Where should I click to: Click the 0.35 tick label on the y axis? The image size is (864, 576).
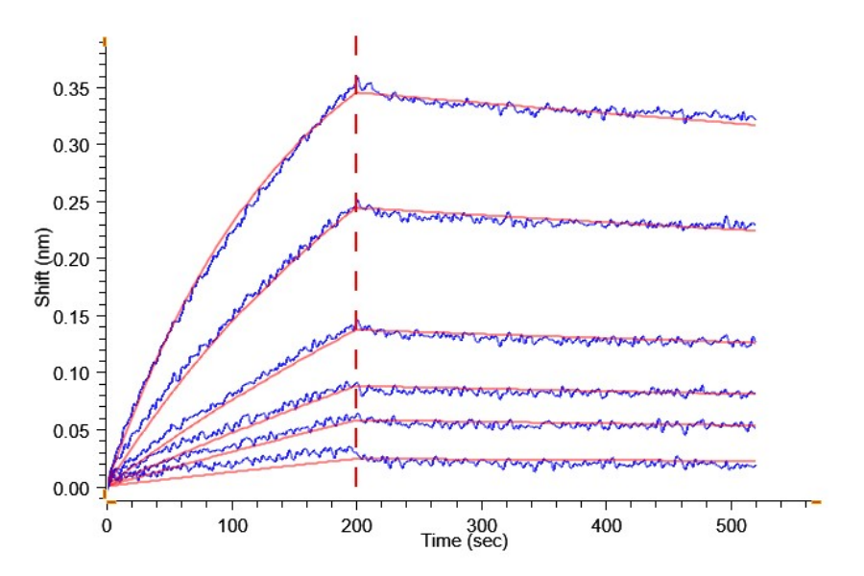(73, 89)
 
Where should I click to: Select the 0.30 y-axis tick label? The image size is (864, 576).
(73, 146)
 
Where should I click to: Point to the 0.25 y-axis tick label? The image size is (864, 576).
(73, 203)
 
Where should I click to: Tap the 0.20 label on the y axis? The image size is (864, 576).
(73, 259)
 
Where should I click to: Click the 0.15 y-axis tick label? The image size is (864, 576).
(73, 316)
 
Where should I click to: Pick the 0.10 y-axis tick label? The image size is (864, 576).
(73, 373)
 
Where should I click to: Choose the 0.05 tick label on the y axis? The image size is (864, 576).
(73, 430)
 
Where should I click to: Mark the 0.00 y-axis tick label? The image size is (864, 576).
(73, 488)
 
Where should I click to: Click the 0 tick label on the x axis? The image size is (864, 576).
(107, 526)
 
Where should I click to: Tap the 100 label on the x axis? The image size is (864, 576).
(231, 526)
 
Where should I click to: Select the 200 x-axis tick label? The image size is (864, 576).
(356, 526)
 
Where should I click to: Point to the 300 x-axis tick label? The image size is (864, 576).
(481, 526)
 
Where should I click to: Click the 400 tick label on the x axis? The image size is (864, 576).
(606, 526)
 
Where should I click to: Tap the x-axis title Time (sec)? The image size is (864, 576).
(464, 541)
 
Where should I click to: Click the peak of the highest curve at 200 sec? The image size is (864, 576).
(356, 79)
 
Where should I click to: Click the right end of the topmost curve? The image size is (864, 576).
(756, 119)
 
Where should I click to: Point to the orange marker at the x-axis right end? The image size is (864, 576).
(816, 501)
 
